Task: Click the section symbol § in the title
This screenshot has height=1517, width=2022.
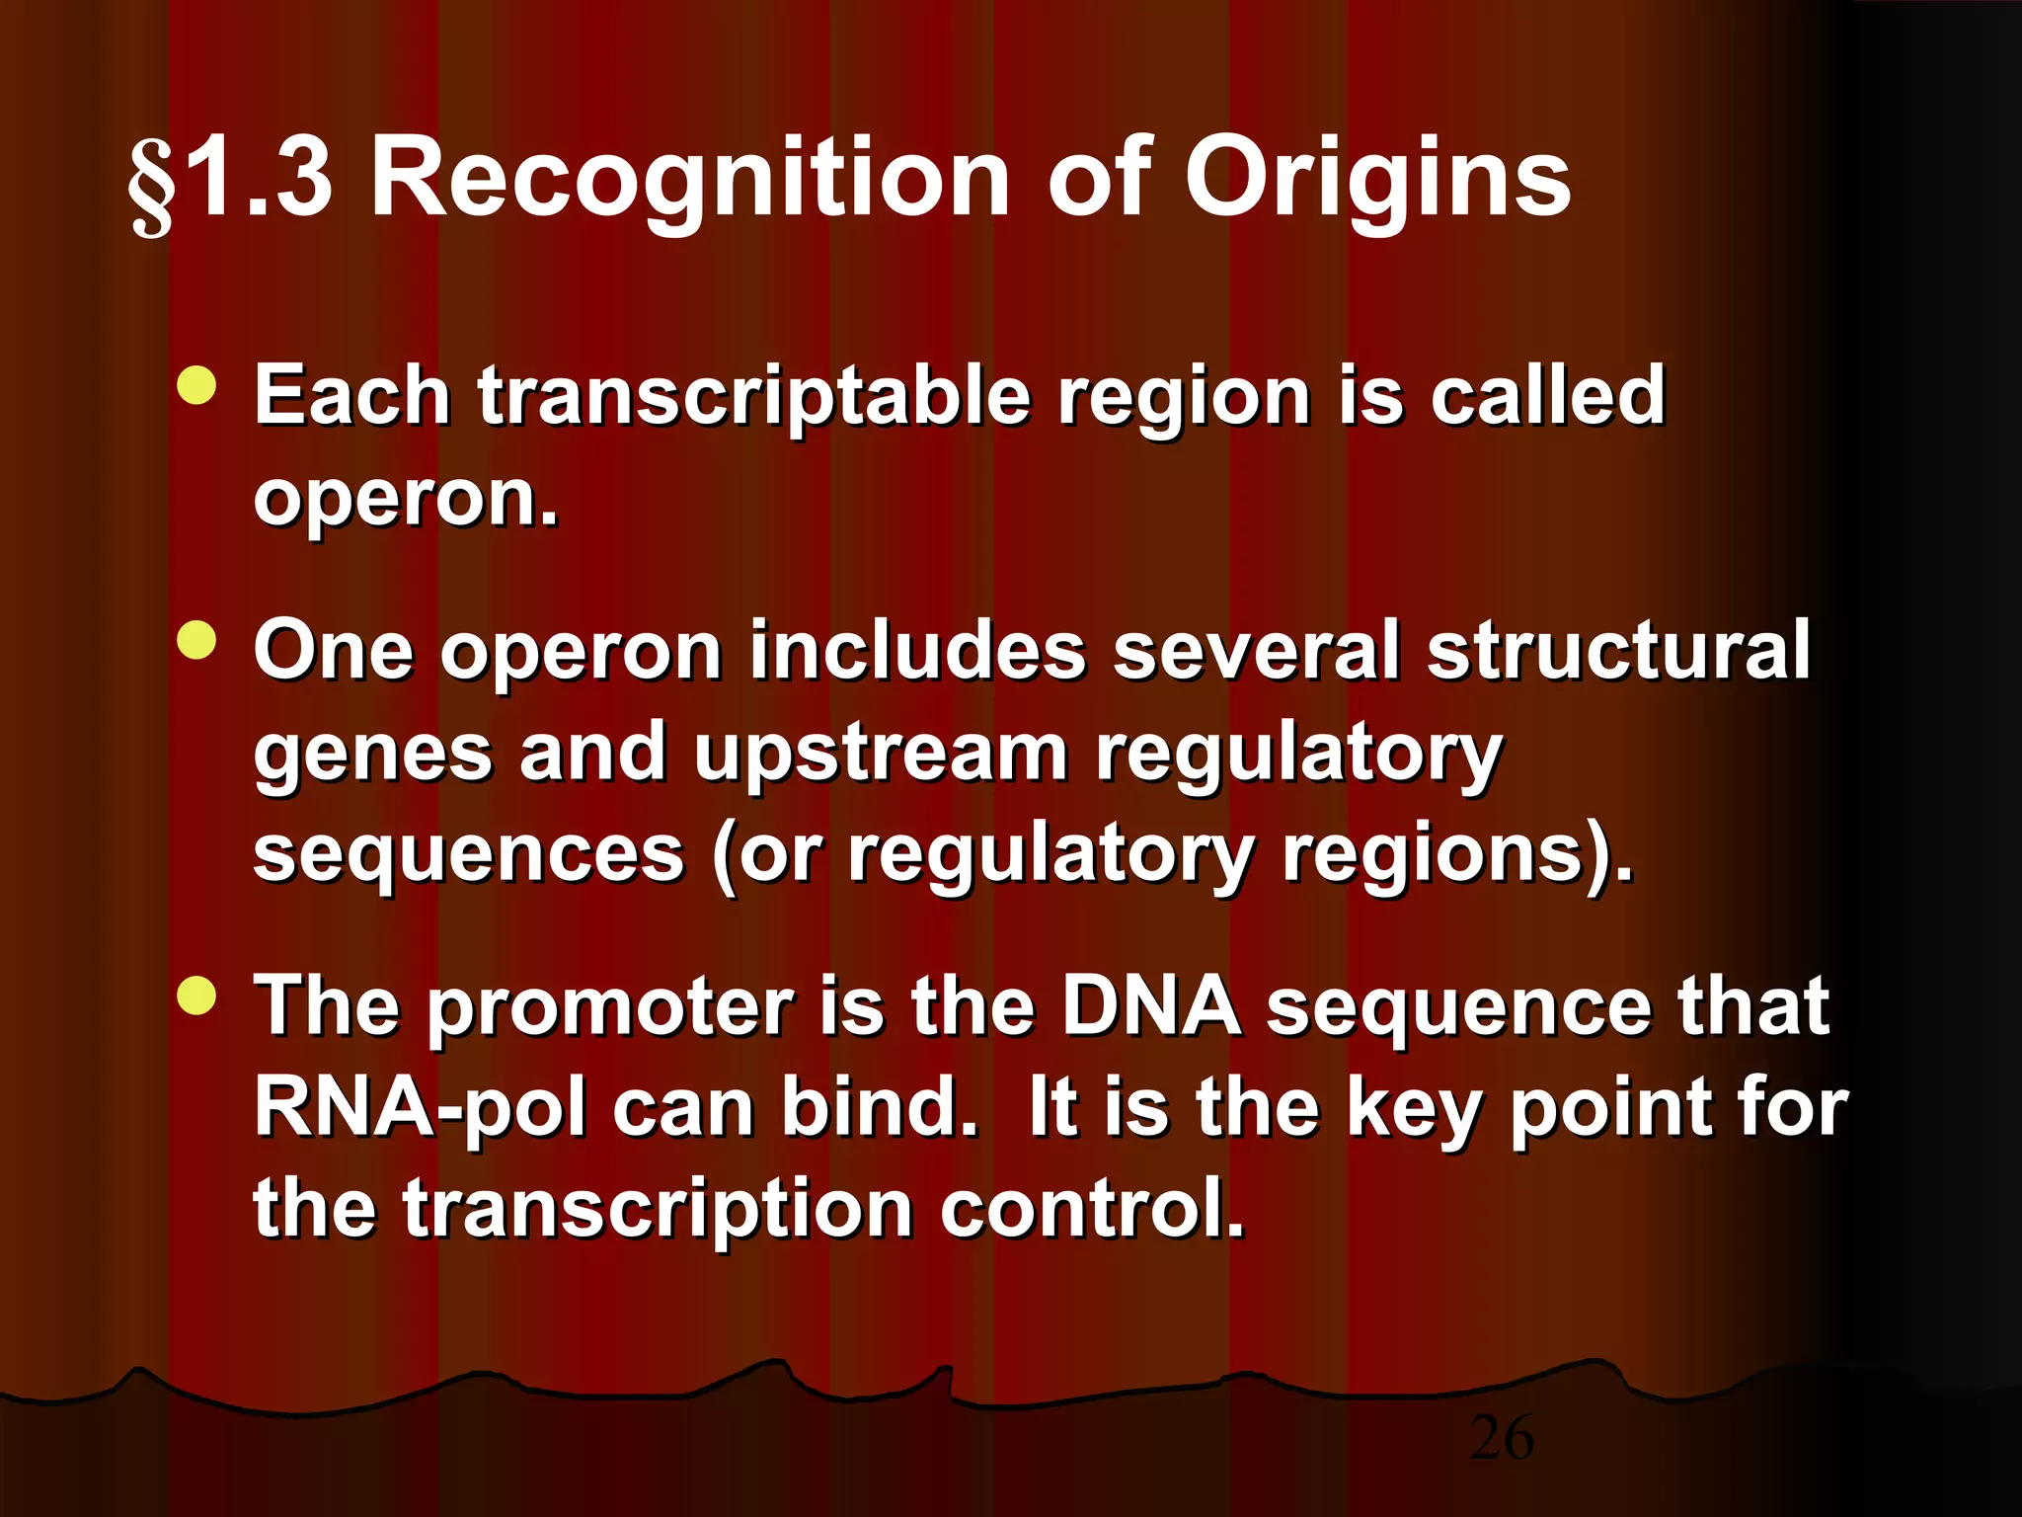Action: point(151,185)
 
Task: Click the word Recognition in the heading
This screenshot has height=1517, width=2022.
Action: point(690,179)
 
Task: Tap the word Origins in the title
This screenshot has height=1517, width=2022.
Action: point(1376,181)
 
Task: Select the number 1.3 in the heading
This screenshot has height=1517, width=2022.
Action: point(259,179)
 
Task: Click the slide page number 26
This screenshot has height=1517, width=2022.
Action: point(1501,1438)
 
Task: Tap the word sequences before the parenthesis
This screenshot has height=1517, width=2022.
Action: point(469,853)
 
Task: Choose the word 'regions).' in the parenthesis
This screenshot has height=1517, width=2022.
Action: point(1457,855)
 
